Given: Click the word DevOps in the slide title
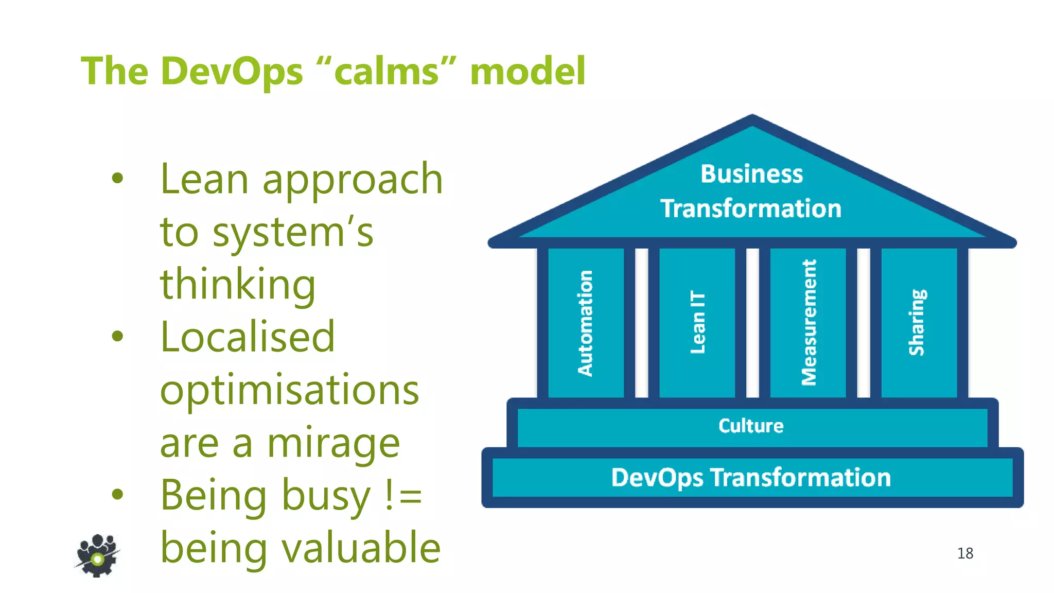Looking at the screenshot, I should [232, 71].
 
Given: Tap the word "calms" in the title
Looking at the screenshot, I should [387, 71].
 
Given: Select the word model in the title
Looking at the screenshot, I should [528, 71].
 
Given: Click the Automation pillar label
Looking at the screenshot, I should [585, 323].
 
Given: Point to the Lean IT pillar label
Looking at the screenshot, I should [697, 322].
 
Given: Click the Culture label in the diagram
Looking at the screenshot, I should [751, 426].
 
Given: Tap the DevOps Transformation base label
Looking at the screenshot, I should [751, 478].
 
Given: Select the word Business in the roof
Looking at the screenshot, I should [751, 175].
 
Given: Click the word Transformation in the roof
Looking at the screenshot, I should [751, 209].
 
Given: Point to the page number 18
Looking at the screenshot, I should [965, 553].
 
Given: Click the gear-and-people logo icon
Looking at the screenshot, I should [97, 555].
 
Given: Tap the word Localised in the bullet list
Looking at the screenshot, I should [248, 337].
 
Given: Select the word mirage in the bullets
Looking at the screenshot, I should [333, 443].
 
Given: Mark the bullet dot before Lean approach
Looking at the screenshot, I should [118, 179].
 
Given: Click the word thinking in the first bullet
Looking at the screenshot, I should [238, 284].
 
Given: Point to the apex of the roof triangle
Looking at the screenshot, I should [752, 117].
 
